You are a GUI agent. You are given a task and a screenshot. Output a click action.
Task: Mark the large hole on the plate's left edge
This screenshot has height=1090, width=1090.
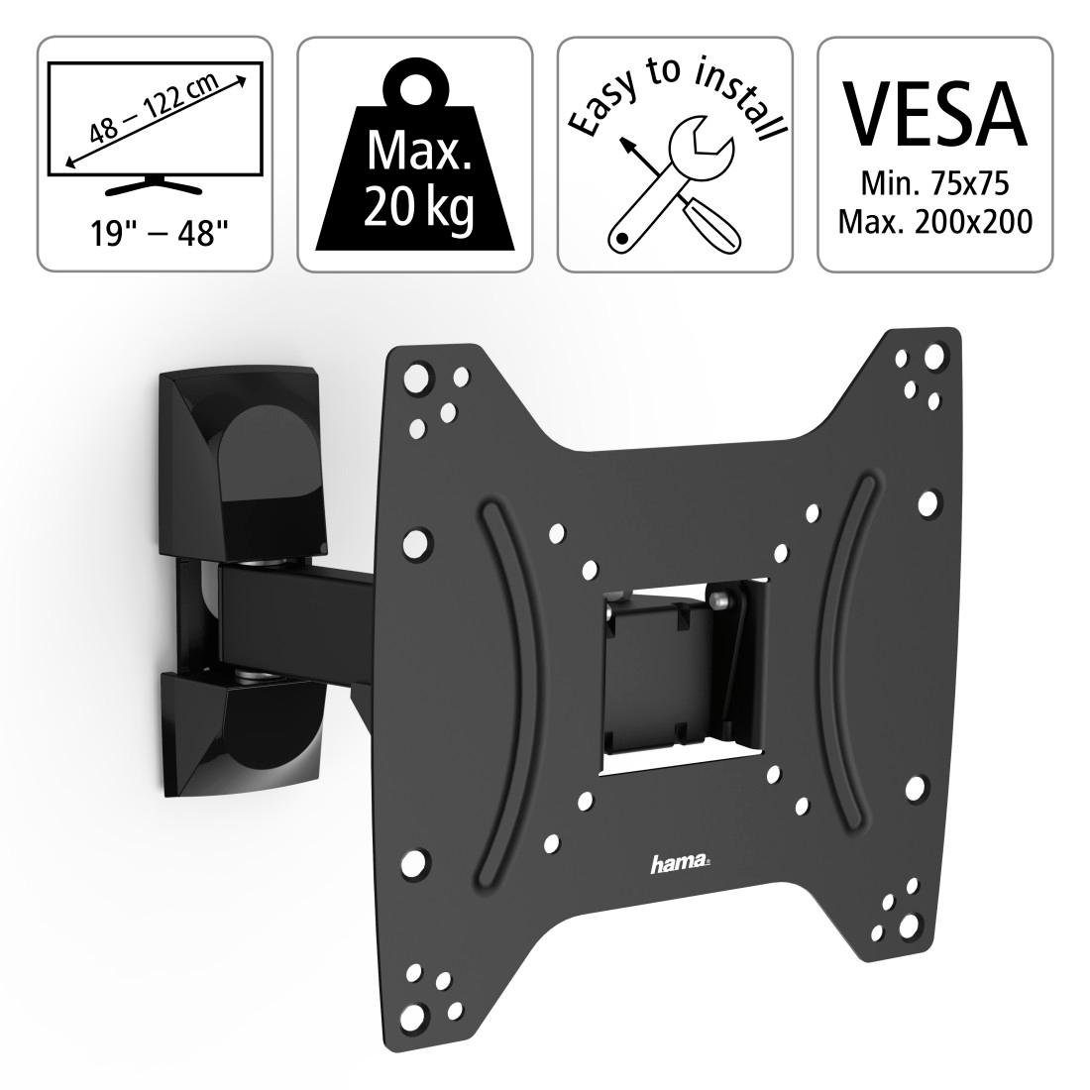417,540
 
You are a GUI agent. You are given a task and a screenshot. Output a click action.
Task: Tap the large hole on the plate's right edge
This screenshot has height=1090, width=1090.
930,503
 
